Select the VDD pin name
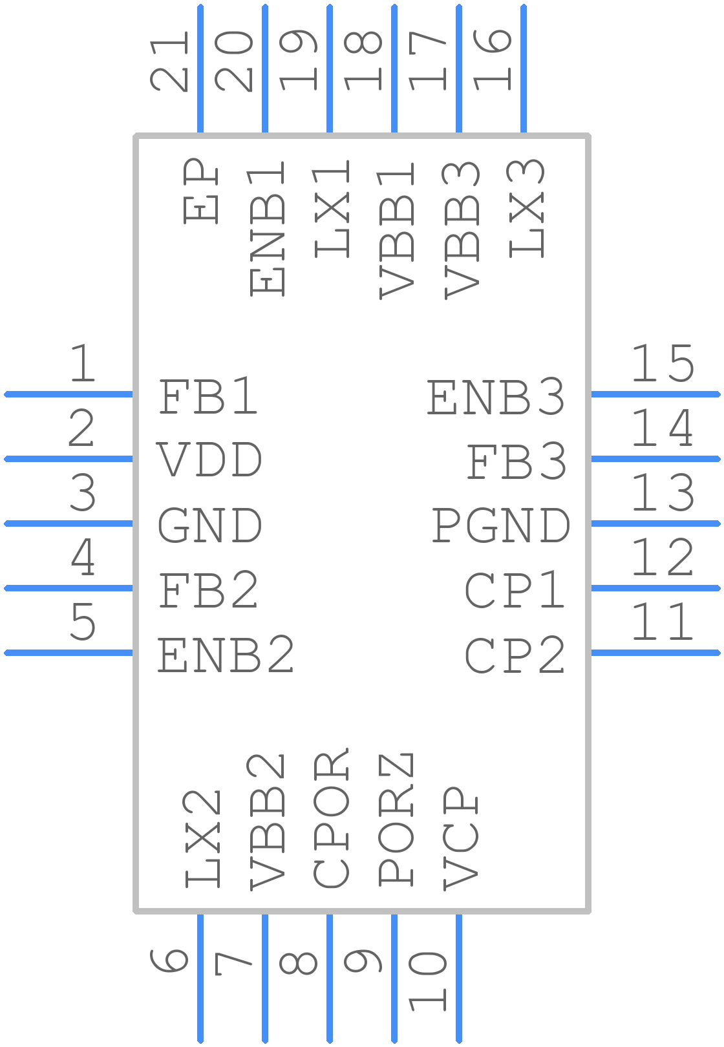pos(210,460)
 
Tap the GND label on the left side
pos(210,525)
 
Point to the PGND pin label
pos(500,525)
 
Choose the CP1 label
pos(515,589)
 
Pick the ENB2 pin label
pos(226,654)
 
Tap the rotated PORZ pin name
pos(396,820)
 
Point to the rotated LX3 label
pos(526,209)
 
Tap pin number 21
pos(169,61)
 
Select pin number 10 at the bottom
pos(427,982)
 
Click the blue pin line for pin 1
pos(69,394)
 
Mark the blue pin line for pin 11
pos(655,653)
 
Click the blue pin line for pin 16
pos(524,69)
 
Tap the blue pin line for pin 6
pos(200,978)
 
